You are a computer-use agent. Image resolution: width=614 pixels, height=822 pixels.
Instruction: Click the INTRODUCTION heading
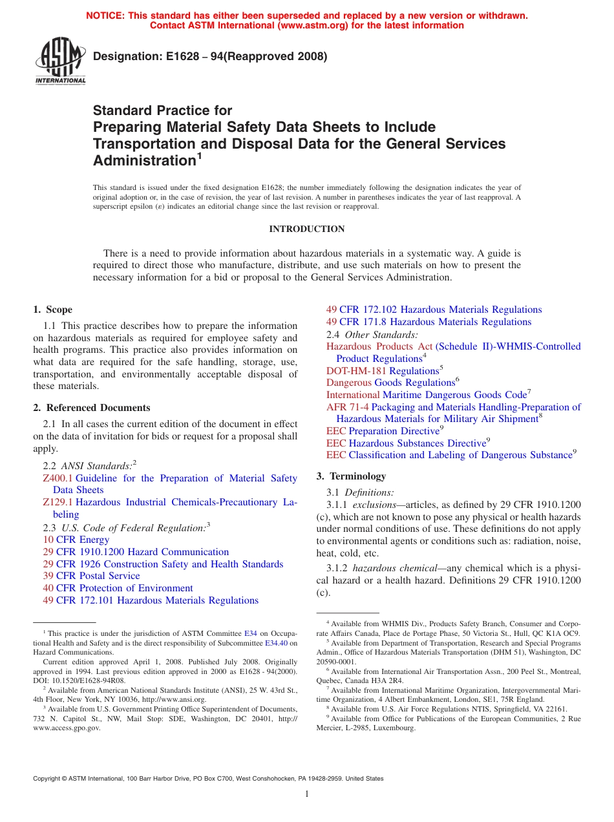tap(306, 229)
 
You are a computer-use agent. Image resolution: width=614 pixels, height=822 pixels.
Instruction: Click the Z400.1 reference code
tap(58, 478)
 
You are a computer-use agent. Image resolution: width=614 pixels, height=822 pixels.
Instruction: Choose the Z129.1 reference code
tap(58, 502)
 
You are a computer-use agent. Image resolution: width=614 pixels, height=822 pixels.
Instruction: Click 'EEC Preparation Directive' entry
tap(384, 431)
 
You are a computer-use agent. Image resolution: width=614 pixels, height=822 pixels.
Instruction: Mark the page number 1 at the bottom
tap(306, 794)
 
